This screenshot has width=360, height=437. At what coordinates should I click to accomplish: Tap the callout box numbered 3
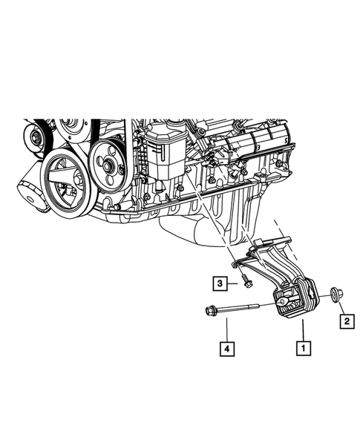(220, 283)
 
